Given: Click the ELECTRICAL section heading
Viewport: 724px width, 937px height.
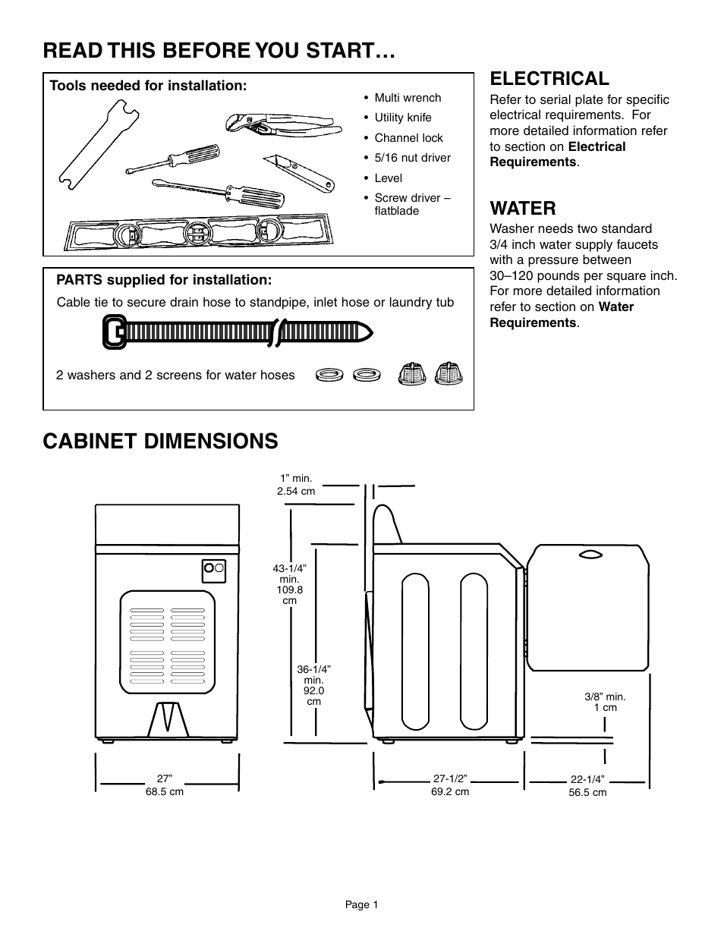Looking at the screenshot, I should pyautogui.click(x=549, y=78).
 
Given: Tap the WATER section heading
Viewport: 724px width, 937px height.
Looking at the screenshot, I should pyautogui.click(x=523, y=208).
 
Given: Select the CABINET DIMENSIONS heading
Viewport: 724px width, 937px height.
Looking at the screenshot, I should pyautogui.click(x=160, y=441).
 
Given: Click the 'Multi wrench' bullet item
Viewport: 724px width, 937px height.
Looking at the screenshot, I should pyautogui.click(x=408, y=98).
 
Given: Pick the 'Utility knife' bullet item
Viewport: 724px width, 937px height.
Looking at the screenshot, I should pyautogui.click(x=402, y=118).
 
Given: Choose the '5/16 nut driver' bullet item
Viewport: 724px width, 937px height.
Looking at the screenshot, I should pyautogui.click(x=412, y=158).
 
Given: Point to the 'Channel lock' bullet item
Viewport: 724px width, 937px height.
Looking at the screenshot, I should pyautogui.click(x=408, y=138).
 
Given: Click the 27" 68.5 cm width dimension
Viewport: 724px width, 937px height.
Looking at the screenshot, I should pyautogui.click(x=165, y=785).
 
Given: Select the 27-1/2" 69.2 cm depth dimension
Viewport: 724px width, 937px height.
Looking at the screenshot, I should pyautogui.click(x=450, y=785).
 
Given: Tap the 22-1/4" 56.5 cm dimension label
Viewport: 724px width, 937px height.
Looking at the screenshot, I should pyautogui.click(x=587, y=785).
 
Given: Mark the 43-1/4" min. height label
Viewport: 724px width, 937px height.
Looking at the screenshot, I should pyautogui.click(x=288, y=584).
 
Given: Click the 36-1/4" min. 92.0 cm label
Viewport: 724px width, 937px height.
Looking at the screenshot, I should pyautogui.click(x=313, y=685).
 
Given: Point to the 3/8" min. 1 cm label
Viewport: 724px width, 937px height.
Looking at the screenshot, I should pyautogui.click(x=605, y=702).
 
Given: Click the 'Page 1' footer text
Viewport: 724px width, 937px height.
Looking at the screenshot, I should pyautogui.click(x=361, y=904).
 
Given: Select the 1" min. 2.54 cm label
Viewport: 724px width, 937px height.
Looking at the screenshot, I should pyautogui.click(x=297, y=485).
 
